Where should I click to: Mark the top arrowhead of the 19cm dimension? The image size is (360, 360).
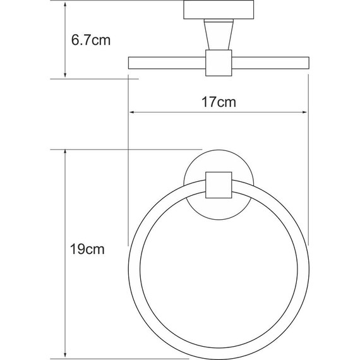(65, 155)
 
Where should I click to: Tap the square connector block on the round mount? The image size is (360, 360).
(218, 185)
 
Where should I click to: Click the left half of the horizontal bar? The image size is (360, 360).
(167, 63)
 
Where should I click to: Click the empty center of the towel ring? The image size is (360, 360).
(218, 272)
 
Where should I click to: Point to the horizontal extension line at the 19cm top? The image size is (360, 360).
(95, 150)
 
